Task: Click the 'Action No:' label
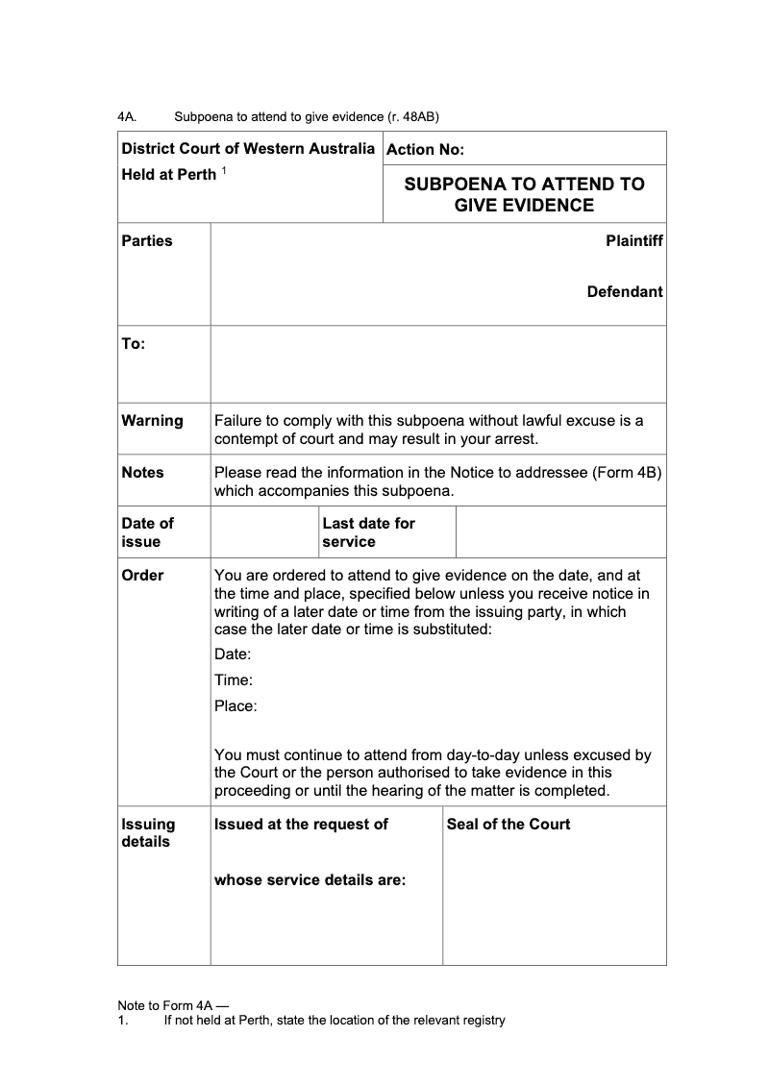click(x=425, y=150)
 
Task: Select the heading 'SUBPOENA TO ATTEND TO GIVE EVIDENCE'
click(x=524, y=194)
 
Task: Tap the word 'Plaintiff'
click(x=633, y=241)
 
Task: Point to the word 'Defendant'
click(x=625, y=292)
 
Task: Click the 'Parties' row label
click(x=147, y=241)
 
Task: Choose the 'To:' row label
click(x=134, y=344)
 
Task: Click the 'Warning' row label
click(x=152, y=421)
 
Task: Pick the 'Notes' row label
click(x=142, y=473)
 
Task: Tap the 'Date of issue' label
click(x=147, y=532)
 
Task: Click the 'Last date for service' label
click(x=368, y=532)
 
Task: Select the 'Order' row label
click(x=142, y=576)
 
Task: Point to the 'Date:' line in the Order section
click(x=233, y=654)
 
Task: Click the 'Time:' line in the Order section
click(x=234, y=680)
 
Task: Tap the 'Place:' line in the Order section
click(x=236, y=706)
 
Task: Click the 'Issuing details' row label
click(x=148, y=833)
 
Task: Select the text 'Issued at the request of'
click(x=301, y=825)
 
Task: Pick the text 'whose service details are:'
click(x=310, y=880)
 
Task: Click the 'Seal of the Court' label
click(x=509, y=825)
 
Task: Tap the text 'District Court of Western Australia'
click(x=248, y=149)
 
